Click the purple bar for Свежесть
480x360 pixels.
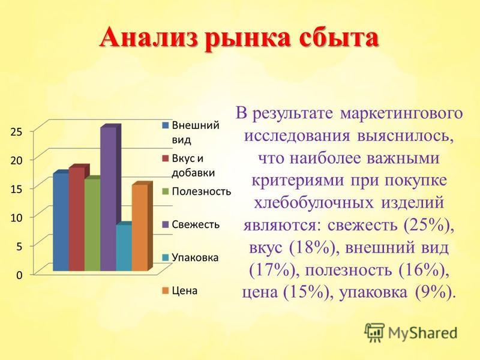[x=109, y=199]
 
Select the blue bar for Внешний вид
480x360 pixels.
[x=61, y=222]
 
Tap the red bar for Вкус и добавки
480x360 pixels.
[x=77, y=219]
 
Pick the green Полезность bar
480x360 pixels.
[x=92, y=224]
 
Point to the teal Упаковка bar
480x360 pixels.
[x=124, y=248]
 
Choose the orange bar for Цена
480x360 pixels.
[x=140, y=227]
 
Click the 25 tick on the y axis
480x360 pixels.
[x=17, y=131]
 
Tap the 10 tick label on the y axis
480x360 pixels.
[x=17, y=218]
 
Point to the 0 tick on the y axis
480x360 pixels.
[x=19, y=275]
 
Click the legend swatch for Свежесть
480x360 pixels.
[x=166, y=224]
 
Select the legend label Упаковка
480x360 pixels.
[x=196, y=257]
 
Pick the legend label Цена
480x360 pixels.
[x=185, y=290]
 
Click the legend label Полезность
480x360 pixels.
[x=202, y=191]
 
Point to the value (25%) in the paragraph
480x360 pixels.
[x=428, y=225]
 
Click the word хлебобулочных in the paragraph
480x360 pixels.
[x=314, y=202]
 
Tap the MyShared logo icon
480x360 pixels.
[x=374, y=332]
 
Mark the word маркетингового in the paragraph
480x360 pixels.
[x=401, y=114]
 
